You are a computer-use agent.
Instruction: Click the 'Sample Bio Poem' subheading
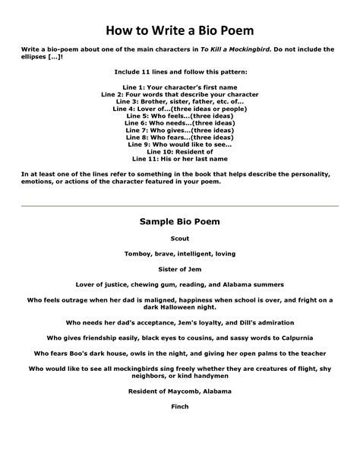click(179, 222)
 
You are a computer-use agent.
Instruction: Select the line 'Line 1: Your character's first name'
click(180, 87)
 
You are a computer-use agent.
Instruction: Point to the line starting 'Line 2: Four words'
click(180, 94)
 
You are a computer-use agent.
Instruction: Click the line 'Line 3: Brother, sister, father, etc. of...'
click(180, 101)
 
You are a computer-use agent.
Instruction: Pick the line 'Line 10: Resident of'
click(180, 151)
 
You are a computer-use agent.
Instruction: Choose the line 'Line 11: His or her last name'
click(180, 158)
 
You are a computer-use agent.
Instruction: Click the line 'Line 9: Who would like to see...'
click(180, 144)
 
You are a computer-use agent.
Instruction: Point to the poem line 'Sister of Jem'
click(180, 268)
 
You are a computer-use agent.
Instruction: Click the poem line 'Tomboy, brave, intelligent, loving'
click(180, 253)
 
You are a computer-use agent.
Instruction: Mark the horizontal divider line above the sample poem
click(180, 205)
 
